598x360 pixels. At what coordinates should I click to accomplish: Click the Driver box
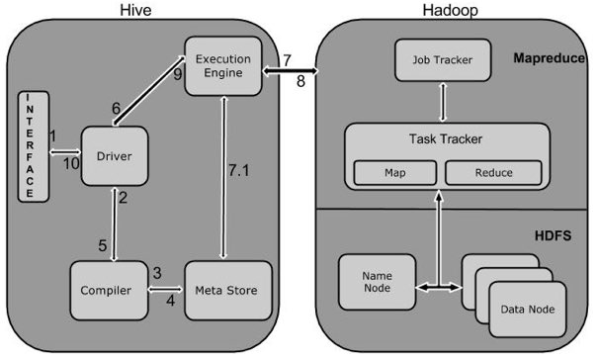click(115, 156)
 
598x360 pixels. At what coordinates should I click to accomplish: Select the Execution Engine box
click(223, 66)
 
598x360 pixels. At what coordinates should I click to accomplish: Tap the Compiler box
click(109, 291)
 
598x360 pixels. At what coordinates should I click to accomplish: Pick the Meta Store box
click(228, 291)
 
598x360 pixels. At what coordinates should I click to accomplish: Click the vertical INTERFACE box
click(34, 146)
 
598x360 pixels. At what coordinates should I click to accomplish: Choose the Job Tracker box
click(443, 60)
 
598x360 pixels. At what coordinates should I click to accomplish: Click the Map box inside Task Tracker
click(395, 172)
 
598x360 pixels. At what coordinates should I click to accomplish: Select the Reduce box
click(493, 172)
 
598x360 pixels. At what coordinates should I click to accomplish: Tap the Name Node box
click(377, 282)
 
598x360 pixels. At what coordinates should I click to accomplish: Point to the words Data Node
click(528, 310)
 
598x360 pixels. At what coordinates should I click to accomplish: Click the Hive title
click(135, 10)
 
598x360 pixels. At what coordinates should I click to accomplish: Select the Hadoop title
click(450, 10)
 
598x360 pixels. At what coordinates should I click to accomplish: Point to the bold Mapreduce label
click(549, 58)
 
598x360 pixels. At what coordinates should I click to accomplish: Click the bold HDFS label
click(553, 235)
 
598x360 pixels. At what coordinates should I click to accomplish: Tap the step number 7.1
click(239, 170)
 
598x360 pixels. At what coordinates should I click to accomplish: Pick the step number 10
click(71, 164)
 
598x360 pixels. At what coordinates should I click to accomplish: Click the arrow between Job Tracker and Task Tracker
click(443, 102)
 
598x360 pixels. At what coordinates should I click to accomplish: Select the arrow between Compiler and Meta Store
click(165, 290)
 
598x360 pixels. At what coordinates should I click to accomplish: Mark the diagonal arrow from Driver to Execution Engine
click(149, 90)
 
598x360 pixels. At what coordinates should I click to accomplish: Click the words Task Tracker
click(446, 138)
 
